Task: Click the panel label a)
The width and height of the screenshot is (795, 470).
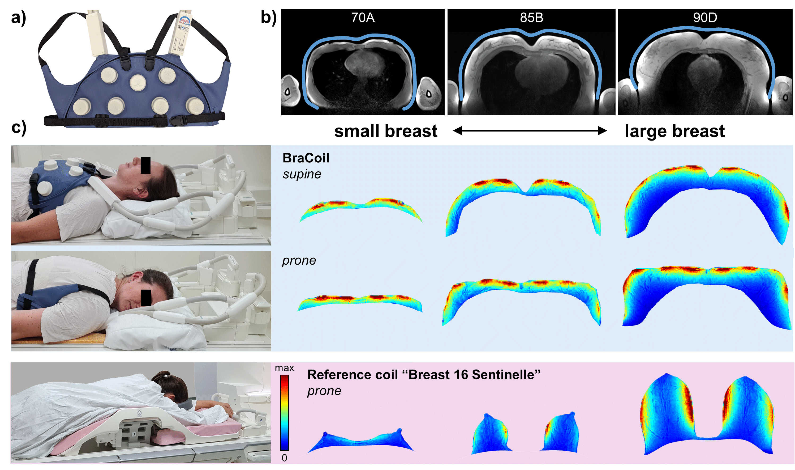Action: (x=18, y=18)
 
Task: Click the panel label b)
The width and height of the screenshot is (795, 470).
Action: (x=268, y=18)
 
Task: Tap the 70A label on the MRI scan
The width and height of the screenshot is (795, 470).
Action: (x=363, y=18)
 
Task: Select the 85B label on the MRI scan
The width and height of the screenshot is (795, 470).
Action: (x=531, y=18)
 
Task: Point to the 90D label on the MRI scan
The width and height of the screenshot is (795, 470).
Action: (x=705, y=18)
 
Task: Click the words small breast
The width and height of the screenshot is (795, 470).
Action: (x=386, y=131)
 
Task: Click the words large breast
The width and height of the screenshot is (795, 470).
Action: (x=674, y=131)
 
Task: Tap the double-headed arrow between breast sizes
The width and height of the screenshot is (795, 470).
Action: (x=530, y=131)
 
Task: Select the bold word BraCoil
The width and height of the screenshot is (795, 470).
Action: (x=306, y=158)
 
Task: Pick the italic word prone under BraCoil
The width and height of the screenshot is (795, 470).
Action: (x=299, y=260)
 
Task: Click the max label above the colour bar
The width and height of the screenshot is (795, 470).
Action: (x=284, y=368)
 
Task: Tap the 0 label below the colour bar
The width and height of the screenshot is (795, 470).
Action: (x=284, y=458)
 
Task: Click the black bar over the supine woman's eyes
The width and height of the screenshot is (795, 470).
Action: (x=145, y=165)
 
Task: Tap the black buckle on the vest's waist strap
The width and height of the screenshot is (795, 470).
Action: (x=175, y=121)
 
